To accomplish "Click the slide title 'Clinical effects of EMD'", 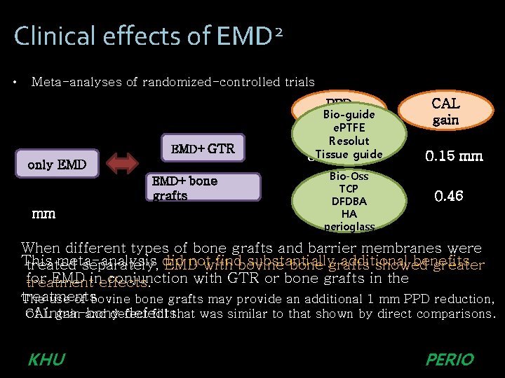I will [140, 35].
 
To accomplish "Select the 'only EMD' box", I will [57, 164].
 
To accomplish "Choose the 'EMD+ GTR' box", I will [203, 148].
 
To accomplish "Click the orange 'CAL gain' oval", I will [445, 112].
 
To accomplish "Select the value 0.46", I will [449, 196].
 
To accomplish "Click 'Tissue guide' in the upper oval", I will [349, 154].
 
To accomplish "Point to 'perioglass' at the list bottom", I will [349, 227].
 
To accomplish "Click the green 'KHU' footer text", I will [46, 360].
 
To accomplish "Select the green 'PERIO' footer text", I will [450, 360].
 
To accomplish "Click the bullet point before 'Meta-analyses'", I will [15, 82].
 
